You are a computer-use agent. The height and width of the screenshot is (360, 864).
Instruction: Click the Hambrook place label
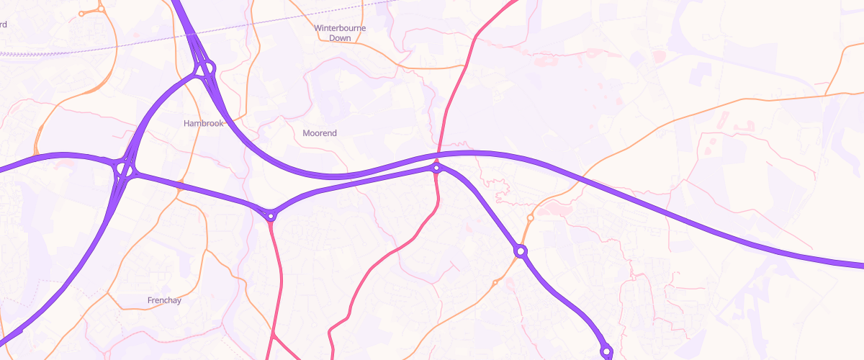pyautogui.click(x=204, y=123)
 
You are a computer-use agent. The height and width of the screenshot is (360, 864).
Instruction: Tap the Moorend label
pyautogui.click(x=320, y=133)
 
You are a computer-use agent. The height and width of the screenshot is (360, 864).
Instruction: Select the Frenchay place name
pyautogui.click(x=164, y=300)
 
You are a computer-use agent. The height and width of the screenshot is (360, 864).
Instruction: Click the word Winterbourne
pyautogui.click(x=341, y=29)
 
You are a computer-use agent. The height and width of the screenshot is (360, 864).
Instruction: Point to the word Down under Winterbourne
pyautogui.click(x=340, y=38)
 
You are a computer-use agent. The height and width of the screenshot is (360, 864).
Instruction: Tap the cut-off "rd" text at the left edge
pyautogui.click(x=4, y=24)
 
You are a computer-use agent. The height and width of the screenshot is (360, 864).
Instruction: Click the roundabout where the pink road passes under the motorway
pyautogui.click(x=436, y=168)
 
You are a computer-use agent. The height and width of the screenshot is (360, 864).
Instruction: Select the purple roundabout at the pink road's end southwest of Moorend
pyautogui.click(x=271, y=215)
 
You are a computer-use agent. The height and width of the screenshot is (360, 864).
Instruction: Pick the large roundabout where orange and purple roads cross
pyautogui.click(x=521, y=251)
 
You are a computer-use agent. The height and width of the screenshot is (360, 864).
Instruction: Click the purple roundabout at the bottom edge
pyautogui.click(x=606, y=351)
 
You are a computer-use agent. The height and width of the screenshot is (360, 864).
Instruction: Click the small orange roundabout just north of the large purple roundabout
pyautogui.click(x=530, y=217)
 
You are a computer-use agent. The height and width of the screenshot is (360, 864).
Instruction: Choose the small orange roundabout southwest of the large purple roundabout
pyautogui.click(x=495, y=283)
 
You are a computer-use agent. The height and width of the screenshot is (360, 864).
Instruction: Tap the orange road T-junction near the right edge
pyautogui.click(x=825, y=94)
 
